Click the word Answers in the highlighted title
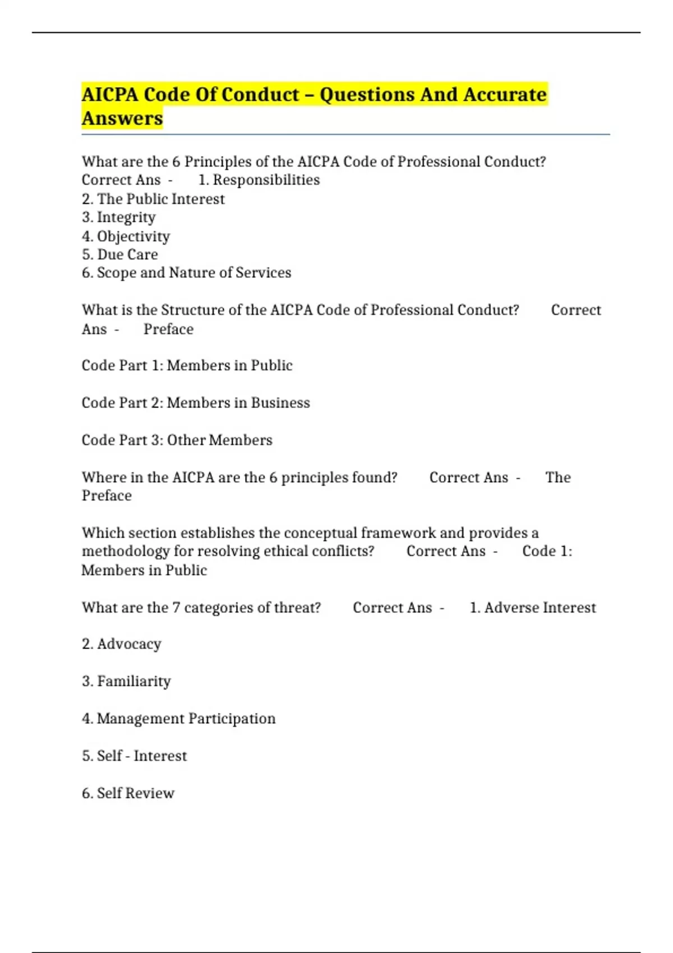click(x=122, y=118)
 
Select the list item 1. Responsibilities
click(x=259, y=180)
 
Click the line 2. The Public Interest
click(x=153, y=199)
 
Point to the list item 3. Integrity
click(x=119, y=218)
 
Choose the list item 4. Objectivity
click(x=126, y=236)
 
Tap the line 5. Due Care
click(x=120, y=255)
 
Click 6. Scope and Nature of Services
click(x=187, y=273)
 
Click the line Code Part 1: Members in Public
click(x=187, y=366)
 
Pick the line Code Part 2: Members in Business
click(x=196, y=403)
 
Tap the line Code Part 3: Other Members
click(x=177, y=440)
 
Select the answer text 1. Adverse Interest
click(x=533, y=608)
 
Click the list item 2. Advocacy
click(x=122, y=644)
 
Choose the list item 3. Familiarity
click(x=126, y=681)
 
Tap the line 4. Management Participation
click(x=179, y=719)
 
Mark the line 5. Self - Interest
click(x=135, y=756)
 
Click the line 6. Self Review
click(x=128, y=793)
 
